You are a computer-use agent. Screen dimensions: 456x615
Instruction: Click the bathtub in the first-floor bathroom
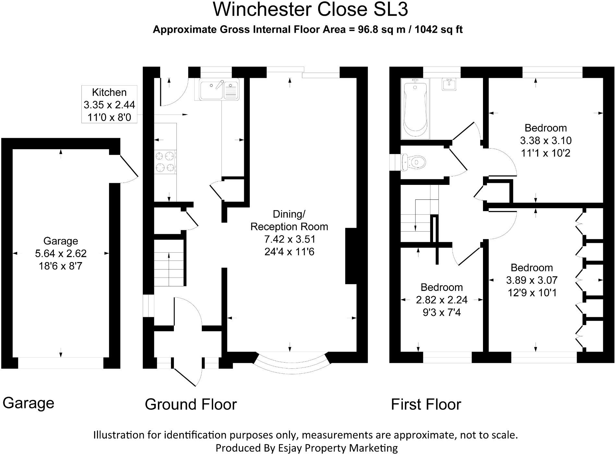pyautogui.click(x=415, y=109)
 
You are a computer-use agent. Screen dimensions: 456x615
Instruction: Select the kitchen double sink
pyautogui.click(x=217, y=89)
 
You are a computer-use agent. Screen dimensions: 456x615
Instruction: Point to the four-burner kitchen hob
pyautogui.click(x=165, y=162)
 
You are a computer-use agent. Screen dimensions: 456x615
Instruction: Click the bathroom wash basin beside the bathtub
pyautogui.click(x=449, y=84)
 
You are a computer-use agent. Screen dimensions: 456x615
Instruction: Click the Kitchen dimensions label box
pyautogui.click(x=109, y=104)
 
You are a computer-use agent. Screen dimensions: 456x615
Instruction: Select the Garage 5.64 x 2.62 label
pyautogui.click(x=61, y=253)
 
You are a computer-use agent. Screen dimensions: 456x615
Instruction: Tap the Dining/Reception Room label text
pyautogui.click(x=289, y=233)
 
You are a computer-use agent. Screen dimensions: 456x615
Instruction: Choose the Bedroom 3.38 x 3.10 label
pyautogui.click(x=546, y=140)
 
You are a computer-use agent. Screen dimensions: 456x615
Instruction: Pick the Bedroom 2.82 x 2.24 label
pyautogui.click(x=441, y=300)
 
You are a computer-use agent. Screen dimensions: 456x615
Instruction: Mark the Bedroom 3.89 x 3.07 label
pyautogui.click(x=532, y=280)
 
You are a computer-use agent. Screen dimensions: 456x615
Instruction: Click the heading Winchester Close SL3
pyautogui.click(x=310, y=10)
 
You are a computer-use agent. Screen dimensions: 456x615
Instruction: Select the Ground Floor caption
pyautogui.click(x=191, y=404)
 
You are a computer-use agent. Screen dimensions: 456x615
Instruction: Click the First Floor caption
pyautogui.click(x=426, y=404)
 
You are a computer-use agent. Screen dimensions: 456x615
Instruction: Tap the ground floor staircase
pyautogui.click(x=169, y=263)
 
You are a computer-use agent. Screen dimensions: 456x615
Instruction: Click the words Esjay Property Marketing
pyautogui.click(x=338, y=448)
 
